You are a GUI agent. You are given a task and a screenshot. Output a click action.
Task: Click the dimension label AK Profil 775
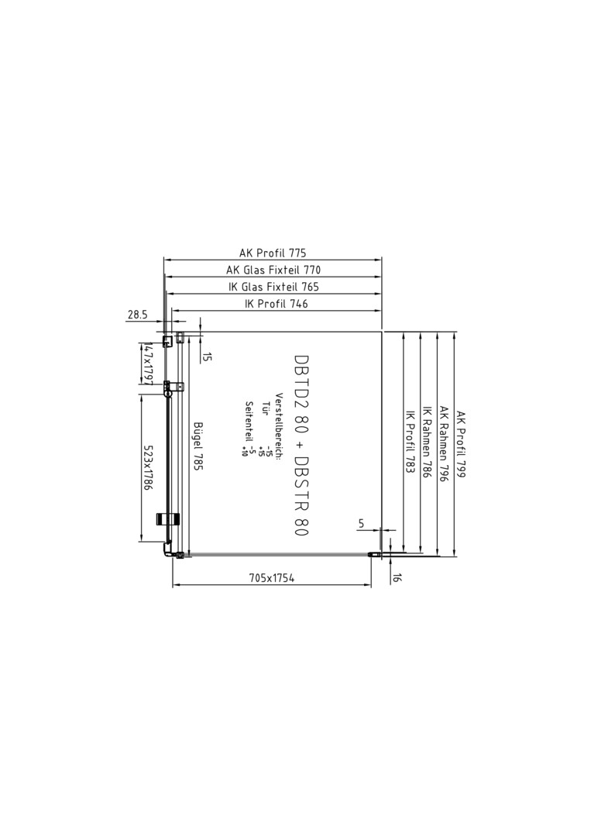pyautogui.click(x=273, y=253)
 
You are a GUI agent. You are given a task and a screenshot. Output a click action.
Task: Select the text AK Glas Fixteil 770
pyautogui.click(x=273, y=270)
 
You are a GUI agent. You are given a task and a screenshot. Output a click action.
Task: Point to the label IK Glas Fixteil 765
pyautogui.click(x=273, y=288)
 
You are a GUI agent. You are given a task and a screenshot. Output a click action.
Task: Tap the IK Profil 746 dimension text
pyautogui.click(x=276, y=304)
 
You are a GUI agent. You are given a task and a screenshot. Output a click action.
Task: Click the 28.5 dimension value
pyautogui.click(x=137, y=315)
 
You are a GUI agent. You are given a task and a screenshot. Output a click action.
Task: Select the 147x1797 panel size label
pyautogui.click(x=148, y=364)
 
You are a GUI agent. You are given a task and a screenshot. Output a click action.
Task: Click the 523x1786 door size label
pyautogui.click(x=148, y=468)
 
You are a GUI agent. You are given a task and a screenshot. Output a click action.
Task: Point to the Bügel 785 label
pyautogui.click(x=198, y=446)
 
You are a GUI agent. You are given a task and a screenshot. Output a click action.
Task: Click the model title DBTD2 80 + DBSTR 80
pyautogui.click(x=301, y=445)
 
